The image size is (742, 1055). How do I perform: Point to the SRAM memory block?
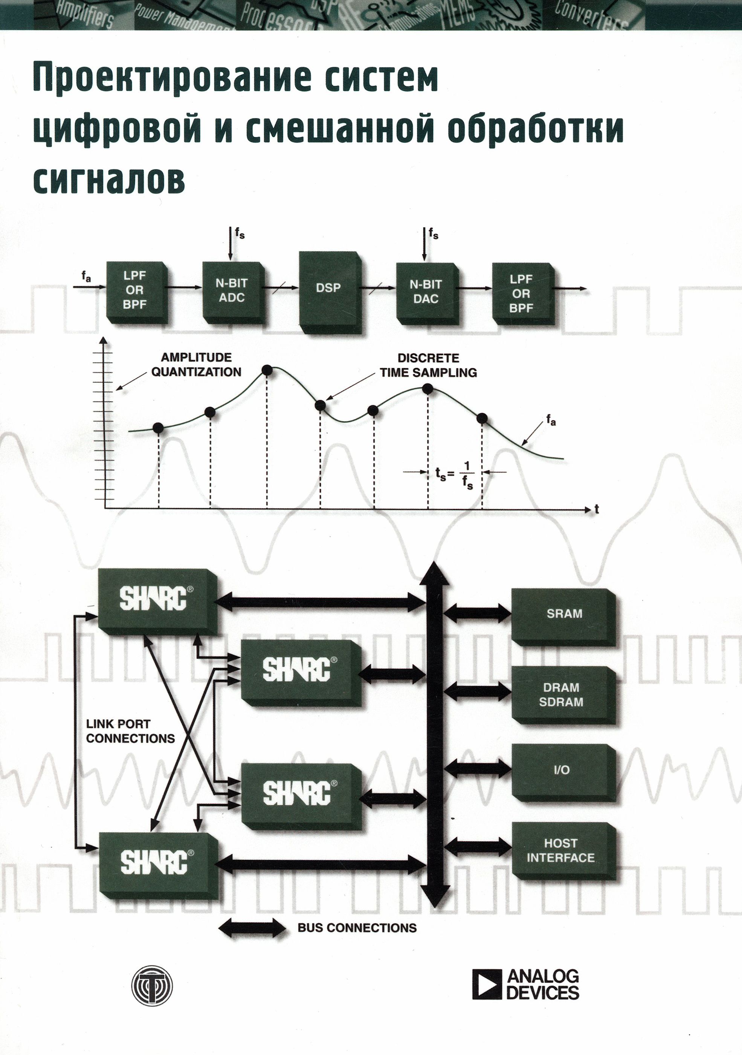564,613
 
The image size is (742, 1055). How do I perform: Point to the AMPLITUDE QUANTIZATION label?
196,364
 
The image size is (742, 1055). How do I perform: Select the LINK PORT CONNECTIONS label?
130,731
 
